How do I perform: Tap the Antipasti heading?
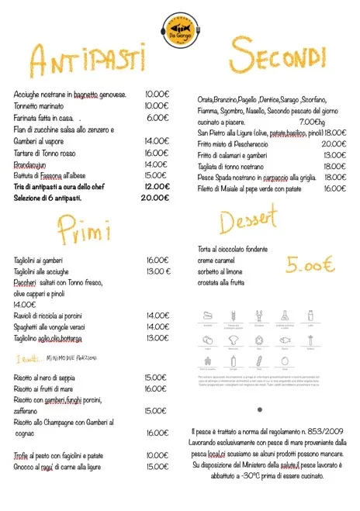(88, 60)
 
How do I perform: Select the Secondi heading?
(277, 57)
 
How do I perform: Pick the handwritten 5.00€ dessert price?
(310, 264)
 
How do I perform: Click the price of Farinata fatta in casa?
(157, 118)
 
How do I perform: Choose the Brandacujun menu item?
(36, 164)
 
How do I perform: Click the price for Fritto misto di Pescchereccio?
(334, 143)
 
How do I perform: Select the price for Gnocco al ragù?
(157, 466)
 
